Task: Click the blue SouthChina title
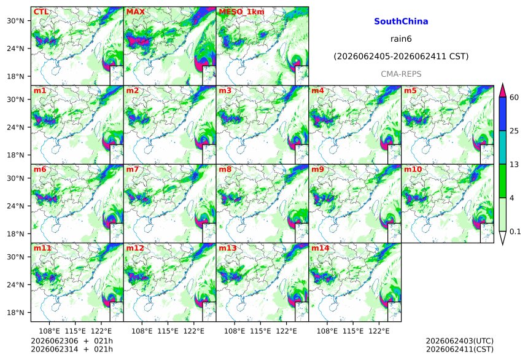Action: pyautogui.click(x=401, y=22)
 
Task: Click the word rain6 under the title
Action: pyautogui.click(x=401, y=39)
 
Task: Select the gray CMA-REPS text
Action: pyautogui.click(x=401, y=74)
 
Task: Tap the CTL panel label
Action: pyautogui.click(x=41, y=12)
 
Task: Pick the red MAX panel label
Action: pyautogui.click(x=135, y=12)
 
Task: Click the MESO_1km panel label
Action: pyautogui.click(x=241, y=12)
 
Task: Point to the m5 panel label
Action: pyautogui.click(x=410, y=91)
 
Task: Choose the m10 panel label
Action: pyautogui.click(x=413, y=170)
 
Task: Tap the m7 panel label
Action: pyautogui.click(x=133, y=170)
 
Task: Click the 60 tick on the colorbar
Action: pyautogui.click(x=514, y=98)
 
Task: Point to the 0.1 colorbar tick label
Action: pyautogui.click(x=515, y=232)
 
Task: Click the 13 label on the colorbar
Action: pyautogui.click(x=514, y=165)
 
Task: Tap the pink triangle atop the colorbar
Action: pyautogui.click(x=503, y=90)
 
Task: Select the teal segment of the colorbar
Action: pyautogui.click(x=503, y=147)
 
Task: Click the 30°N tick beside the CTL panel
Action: pyautogui.click(x=15, y=21)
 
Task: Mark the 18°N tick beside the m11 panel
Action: pyautogui.click(x=15, y=313)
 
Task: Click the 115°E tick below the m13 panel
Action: pyautogui.click(x=260, y=331)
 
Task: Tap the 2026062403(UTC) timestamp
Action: pyautogui.click(x=460, y=341)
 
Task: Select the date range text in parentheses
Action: pyautogui.click(x=401, y=57)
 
